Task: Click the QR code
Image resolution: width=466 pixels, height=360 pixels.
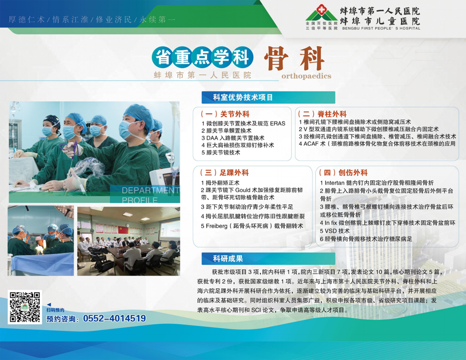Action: click(x=25, y=307)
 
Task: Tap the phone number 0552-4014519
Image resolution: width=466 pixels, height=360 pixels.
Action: click(x=115, y=319)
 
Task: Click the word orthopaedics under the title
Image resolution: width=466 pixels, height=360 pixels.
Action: click(x=307, y=76)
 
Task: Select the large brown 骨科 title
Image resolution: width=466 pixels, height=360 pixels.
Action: click(x=294, y=58)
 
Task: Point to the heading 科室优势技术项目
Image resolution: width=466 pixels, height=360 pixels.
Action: click(x=243, y=97)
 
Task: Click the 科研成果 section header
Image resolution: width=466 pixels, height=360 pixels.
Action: click(x=228, y=259)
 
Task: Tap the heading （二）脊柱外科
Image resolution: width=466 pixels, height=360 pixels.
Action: click(x=322, y=114)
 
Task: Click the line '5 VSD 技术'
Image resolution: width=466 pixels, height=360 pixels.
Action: click(x=335, y=231)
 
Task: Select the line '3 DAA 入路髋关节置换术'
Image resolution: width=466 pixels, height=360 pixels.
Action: click(x=233, y=138)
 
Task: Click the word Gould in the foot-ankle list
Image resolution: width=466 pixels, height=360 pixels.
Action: click(x=243, y=190)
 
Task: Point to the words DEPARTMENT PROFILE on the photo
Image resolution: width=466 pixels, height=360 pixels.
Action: click(x=151, y=195)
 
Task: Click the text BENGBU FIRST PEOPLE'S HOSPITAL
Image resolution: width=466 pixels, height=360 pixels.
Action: click(x=381, y=28)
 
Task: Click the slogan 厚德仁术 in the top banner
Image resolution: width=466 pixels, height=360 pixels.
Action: click(x=27, y=20)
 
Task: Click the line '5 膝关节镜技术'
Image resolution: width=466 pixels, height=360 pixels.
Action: click(x=221, y=153)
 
